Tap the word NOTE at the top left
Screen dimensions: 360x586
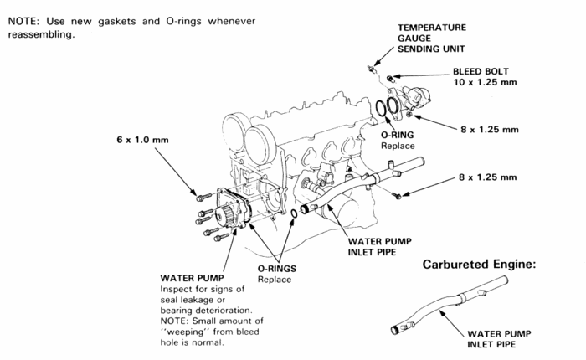click(x=24, y=19)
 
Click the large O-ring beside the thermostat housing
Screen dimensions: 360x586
click(x=386, y=110)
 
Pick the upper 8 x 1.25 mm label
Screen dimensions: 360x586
click(x=489, y=130)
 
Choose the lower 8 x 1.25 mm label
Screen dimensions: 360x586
click(x=489, y=177)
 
